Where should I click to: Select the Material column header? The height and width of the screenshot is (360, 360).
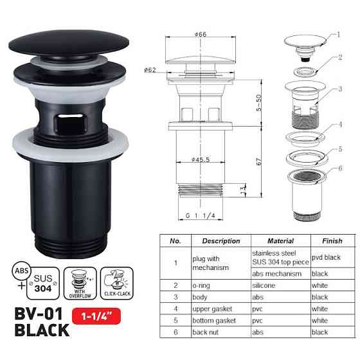pyautogui.click(x=280, y=241)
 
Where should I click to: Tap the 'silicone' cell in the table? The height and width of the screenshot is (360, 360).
pyautogui.click(x=264, y=284)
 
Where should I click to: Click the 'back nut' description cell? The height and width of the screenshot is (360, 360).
pyautogui.click(x=206, y=332)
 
